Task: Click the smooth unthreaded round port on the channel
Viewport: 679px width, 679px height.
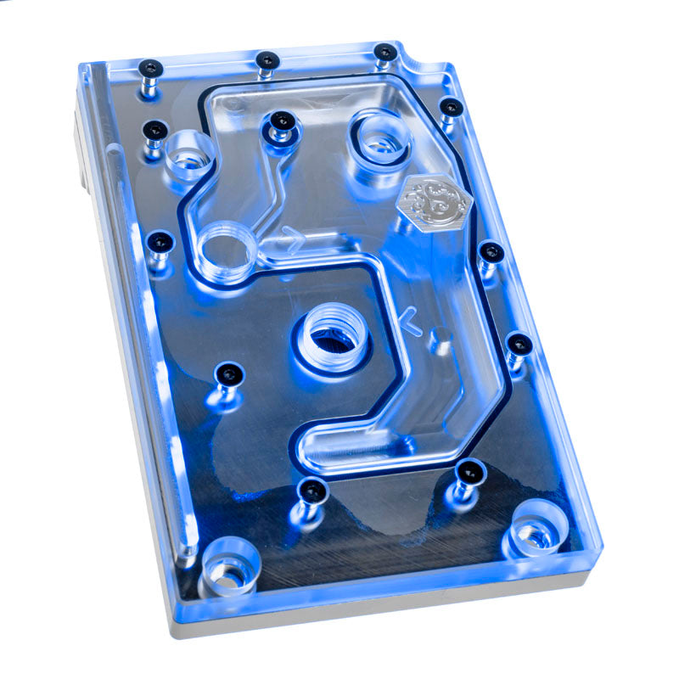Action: pyautogui.click(x=227, y=250)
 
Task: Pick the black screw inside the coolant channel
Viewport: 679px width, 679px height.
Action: pyautogui.click(x=283, y=124)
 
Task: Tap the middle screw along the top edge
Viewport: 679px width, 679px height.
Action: pyautogui.click(x=267, y=60)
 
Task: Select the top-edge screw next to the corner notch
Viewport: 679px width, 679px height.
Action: pyautogui.click(x=384, y=53)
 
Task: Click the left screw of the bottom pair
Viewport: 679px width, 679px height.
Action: pyautogui.click(x=313, y=491)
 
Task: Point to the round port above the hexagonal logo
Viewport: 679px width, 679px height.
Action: pyautogui.click(x=379, y=136)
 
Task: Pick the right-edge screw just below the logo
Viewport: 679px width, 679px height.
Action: pyautogui.click(x=491, y=252)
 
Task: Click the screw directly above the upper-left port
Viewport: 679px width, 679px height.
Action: pyautogui.click(x=155, y=131)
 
